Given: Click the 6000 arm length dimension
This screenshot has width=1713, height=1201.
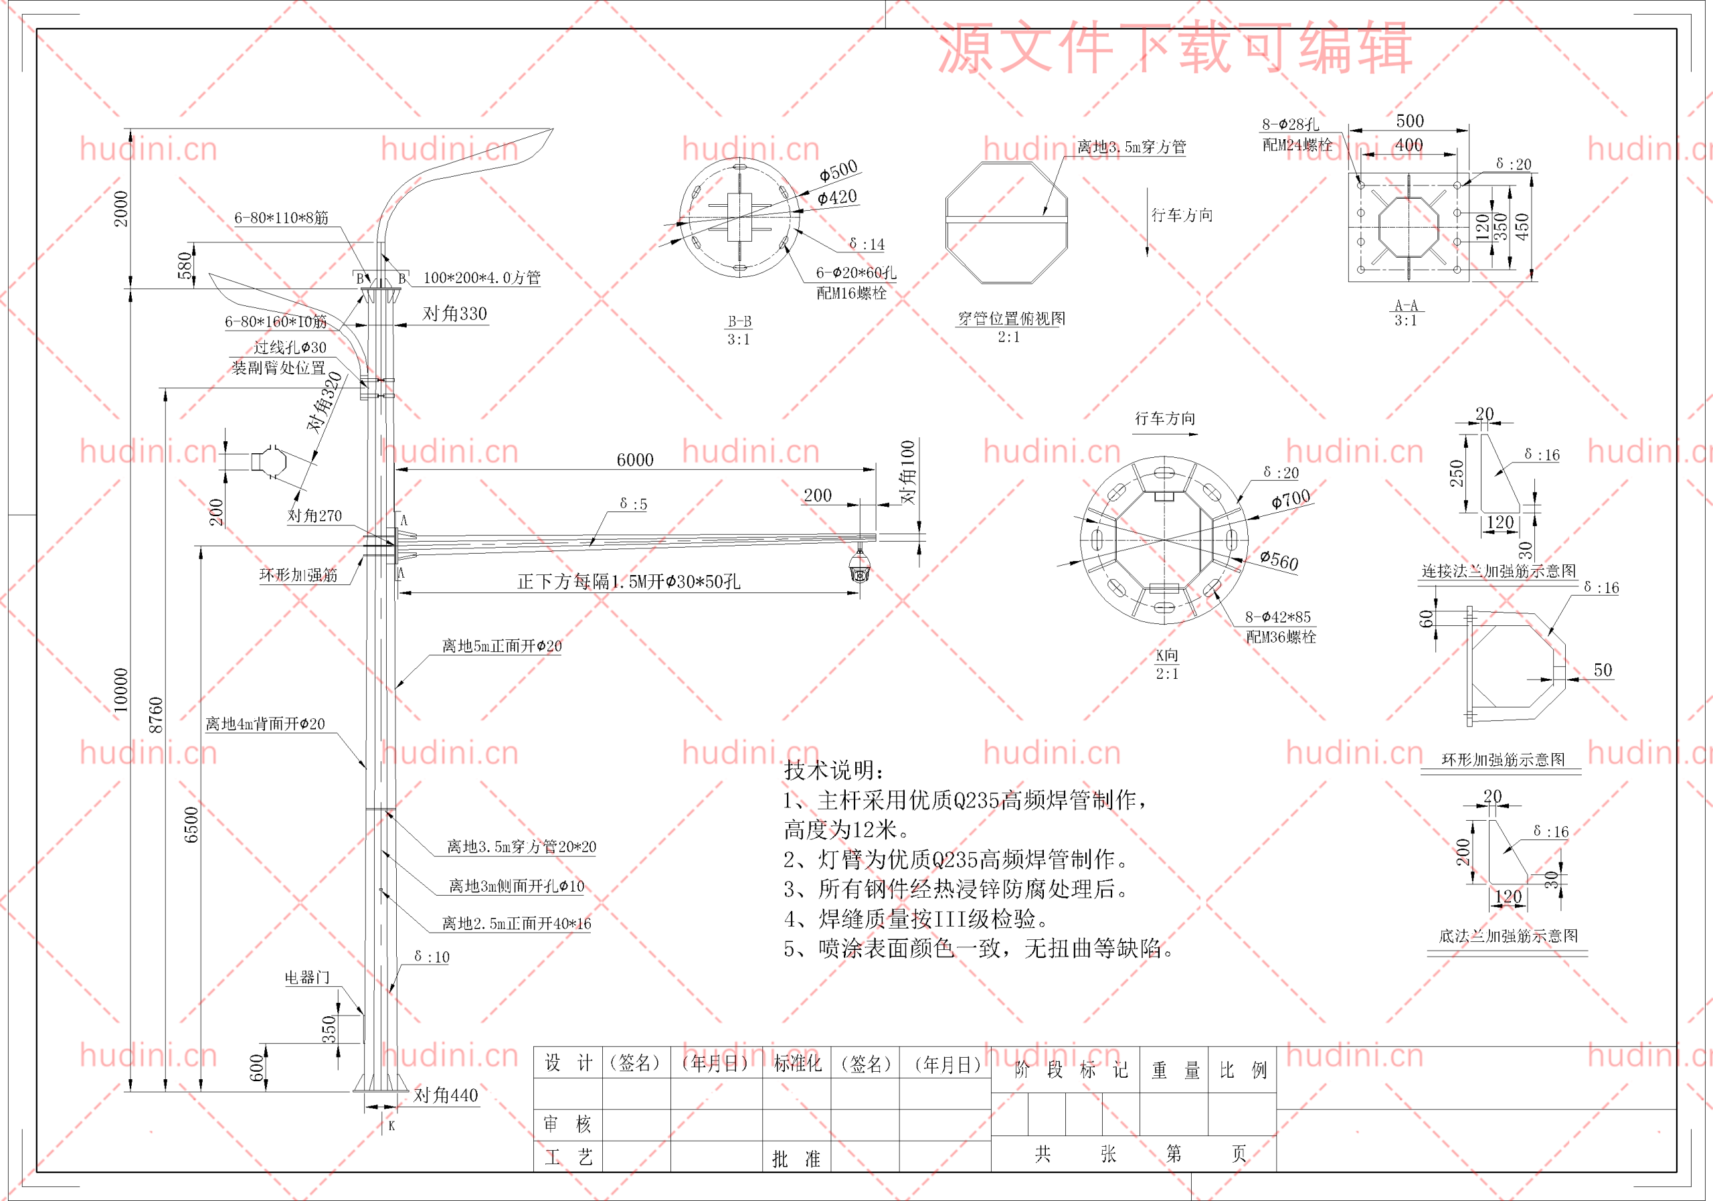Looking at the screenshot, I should pos(634,460).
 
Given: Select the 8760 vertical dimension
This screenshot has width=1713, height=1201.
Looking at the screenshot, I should pos(155,714).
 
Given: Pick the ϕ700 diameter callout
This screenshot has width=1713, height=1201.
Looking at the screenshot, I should pos(1290,498).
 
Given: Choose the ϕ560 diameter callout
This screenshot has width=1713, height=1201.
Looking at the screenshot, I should pos(1279,560).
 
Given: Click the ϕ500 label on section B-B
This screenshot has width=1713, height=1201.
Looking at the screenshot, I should pos(838,171).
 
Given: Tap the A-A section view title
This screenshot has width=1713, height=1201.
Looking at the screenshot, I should pos(1406,305).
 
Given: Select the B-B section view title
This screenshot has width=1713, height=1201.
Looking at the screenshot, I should pos(739,322).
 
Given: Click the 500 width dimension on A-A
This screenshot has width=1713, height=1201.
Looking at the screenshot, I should pos(1409,121).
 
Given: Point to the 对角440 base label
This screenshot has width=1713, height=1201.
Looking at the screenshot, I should pos(446,1095).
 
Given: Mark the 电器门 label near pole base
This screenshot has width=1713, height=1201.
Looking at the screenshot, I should pos(306,977).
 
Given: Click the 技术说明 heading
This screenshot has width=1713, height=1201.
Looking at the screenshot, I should pos(833,770).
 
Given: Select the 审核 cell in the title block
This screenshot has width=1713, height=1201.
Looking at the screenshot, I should pos(567,1123).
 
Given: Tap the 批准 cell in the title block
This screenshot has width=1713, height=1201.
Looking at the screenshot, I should pos(796,1158).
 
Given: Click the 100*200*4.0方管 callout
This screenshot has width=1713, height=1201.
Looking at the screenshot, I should pos(481,278).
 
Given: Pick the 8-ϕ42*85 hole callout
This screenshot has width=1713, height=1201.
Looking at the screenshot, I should pos(1277,617).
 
